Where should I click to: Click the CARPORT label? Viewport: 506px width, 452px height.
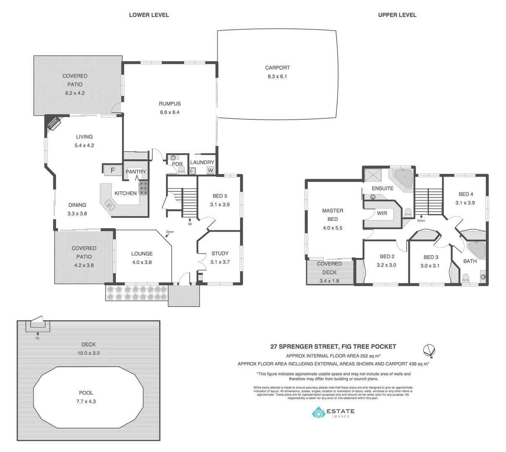click(277, 67)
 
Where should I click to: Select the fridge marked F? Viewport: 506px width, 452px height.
click(112, 170)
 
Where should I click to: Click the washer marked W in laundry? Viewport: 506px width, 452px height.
click(210, 170)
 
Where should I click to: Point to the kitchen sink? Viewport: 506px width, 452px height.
click(110, 205)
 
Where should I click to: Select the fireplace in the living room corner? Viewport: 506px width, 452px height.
click(53, 123)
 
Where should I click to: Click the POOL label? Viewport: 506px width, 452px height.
click(86, 393)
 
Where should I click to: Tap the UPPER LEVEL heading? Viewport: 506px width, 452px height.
click(397, 15)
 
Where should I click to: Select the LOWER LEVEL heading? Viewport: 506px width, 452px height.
click(149, 15)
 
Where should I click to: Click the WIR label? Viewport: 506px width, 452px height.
click(382, 213)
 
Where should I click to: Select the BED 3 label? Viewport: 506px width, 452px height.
click(431, 257)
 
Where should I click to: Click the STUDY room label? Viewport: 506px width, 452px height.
click(220, 253)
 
